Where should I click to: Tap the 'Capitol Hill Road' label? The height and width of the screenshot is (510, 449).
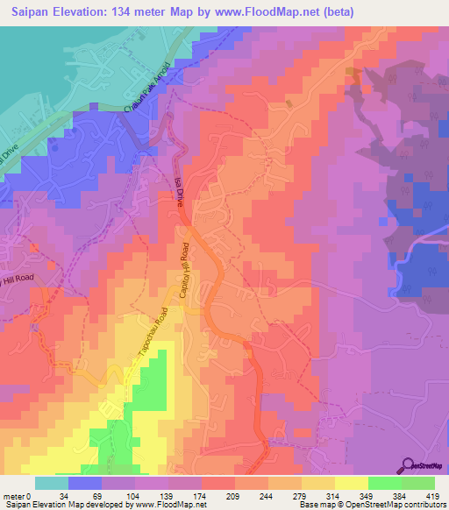[184, 272]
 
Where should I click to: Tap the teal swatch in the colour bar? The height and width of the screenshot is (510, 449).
[52, 484]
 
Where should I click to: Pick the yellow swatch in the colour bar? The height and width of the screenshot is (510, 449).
[352, 484]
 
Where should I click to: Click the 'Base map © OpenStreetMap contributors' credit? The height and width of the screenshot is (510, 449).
[372, 505]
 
